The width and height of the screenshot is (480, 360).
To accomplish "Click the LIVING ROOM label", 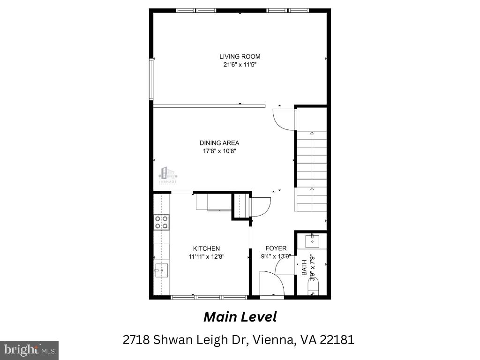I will click(240, 57).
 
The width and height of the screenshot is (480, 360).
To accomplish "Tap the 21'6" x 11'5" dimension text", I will click(240, 65).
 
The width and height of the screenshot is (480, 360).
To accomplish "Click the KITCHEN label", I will click(206, 248).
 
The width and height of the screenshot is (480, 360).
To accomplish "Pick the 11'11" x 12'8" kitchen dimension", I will click(206, 256).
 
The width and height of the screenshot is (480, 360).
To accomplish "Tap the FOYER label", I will click(276, 248).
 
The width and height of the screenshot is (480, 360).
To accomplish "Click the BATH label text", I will click(304, 268).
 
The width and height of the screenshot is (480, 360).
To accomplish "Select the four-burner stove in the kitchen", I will click(162, 222).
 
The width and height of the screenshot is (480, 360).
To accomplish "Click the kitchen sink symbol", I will click(161, 270).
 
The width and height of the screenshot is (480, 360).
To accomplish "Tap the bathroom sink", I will click(313, 241).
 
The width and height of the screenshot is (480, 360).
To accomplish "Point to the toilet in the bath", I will click(312, 285).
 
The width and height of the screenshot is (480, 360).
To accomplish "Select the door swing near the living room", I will click(284, 118).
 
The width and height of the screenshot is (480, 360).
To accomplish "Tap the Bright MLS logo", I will click(29, 350).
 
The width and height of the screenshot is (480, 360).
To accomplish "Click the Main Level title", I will click(240, 317).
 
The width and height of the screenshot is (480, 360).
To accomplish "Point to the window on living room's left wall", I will click(151, 79).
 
